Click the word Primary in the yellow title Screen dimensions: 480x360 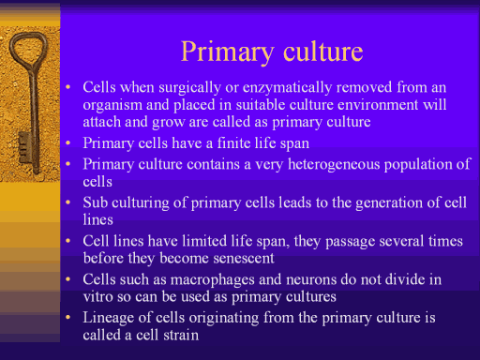click(228, 52)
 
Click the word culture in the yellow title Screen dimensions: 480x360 click(323, 52)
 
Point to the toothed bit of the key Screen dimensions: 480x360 click(25, 147)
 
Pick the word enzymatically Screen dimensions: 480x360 click(287, 87)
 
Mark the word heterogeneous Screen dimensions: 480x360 click(334, 164)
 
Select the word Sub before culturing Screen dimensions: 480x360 click(96, 202)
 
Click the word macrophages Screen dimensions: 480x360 click(213, 279)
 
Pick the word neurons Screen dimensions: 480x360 click(311, 279)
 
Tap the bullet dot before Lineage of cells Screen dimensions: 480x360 click(68, 318)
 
